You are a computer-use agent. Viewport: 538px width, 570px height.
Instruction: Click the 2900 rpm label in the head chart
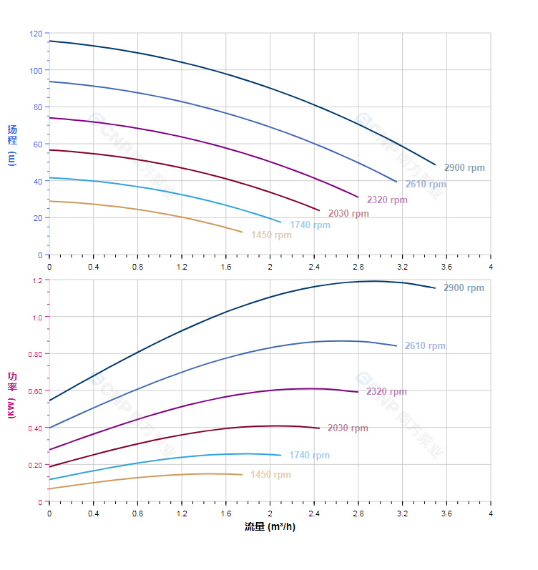pos(464,168)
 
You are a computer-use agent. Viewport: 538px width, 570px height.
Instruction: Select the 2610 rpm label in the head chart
pos(425,185)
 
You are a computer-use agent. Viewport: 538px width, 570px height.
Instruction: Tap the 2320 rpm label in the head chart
pos(386,200)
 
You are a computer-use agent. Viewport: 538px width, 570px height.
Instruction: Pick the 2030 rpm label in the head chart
pos(348,213)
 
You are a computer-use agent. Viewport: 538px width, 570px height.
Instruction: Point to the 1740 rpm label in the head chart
pos(310,225)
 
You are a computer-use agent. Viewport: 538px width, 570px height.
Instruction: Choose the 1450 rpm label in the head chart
pos(271,235)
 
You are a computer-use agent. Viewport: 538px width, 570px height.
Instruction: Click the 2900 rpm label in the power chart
pos(464,288)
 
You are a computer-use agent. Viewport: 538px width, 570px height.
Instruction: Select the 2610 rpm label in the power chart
pos(425,346)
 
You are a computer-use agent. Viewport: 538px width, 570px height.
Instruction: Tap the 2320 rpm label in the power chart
pos(386,392)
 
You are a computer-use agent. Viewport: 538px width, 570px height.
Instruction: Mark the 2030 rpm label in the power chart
pos(348,428)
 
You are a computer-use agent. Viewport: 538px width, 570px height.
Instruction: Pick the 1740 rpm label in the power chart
pos(309,456)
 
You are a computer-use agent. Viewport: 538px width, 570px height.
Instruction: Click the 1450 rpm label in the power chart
pos(270,475)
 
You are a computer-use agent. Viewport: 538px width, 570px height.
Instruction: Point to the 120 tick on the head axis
pos(36,34)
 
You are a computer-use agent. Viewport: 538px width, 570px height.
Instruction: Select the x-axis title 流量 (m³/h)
pos(270,527)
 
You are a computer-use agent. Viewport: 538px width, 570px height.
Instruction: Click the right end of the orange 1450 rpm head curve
pos(243,232)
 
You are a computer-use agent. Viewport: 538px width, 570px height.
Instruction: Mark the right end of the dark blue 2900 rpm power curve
pos(435,288)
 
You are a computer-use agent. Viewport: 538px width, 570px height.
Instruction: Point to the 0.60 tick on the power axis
pos(34,391)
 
